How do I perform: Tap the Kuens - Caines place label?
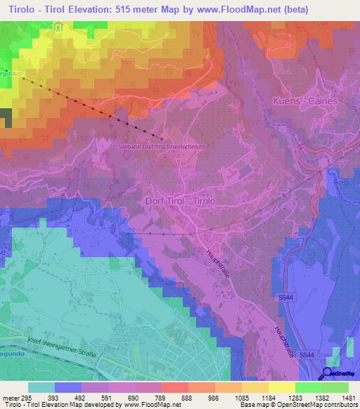304,101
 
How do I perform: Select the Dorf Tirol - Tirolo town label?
180,200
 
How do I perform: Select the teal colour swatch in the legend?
41,387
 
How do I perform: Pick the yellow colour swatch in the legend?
281,387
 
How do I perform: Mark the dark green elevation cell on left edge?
6,118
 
